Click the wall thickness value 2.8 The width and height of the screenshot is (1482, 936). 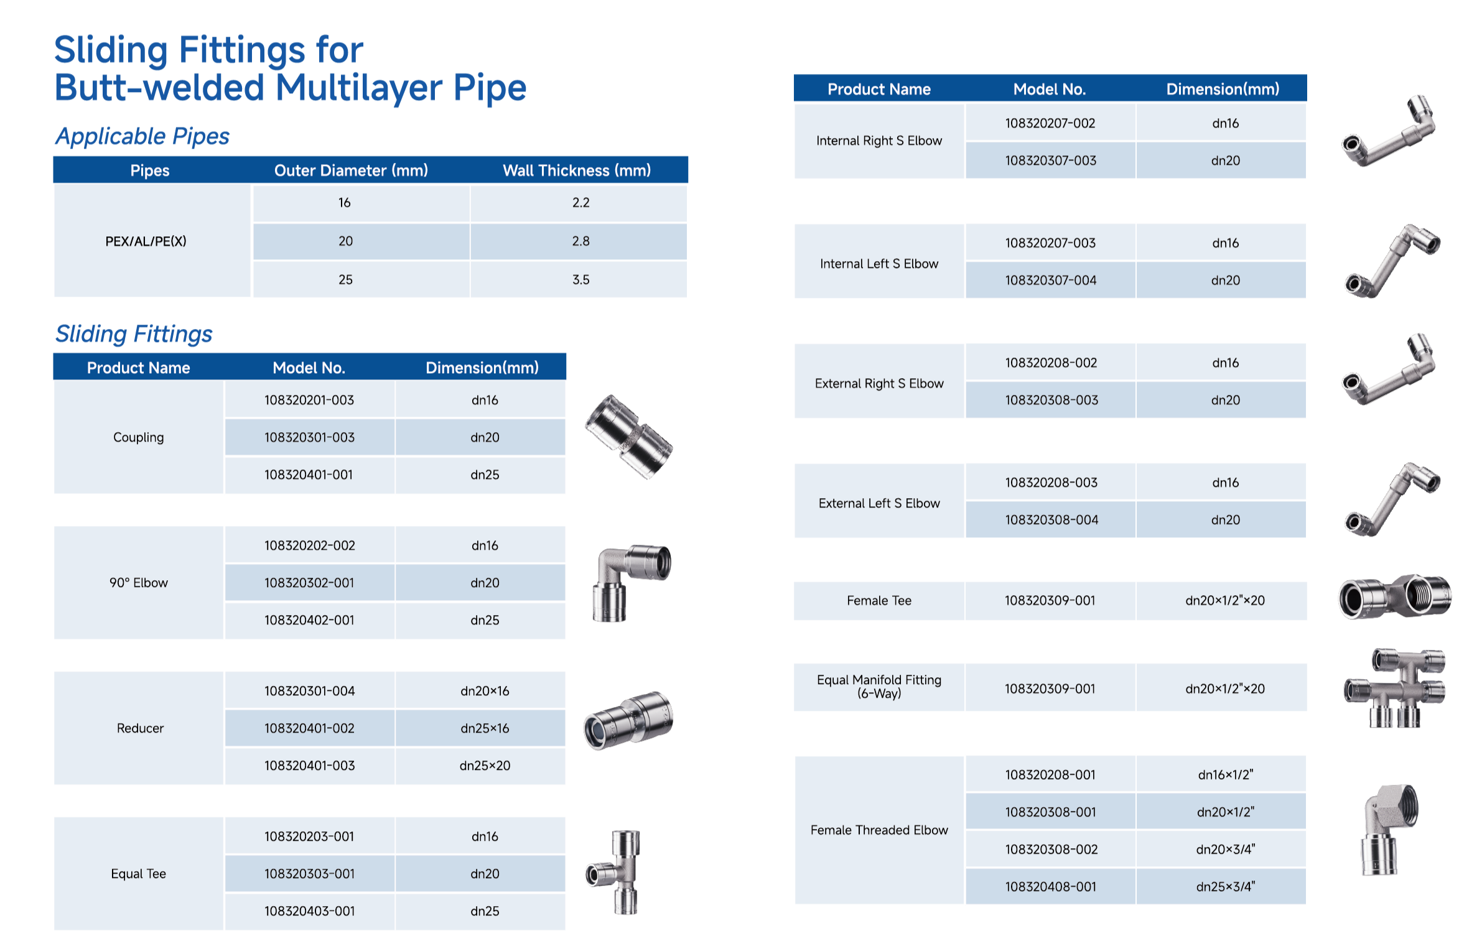pos(580,241)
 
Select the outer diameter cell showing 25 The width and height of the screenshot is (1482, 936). pos(345,280)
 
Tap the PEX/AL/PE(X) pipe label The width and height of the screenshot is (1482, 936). pos(146,241)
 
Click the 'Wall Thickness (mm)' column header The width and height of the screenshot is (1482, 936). pos(576,170)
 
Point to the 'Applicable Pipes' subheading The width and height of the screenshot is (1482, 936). pos(142,136)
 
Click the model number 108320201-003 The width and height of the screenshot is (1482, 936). pos(309,400)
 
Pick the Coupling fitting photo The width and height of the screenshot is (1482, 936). pos(628,437)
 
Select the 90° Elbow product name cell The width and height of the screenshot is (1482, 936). pos(139,583)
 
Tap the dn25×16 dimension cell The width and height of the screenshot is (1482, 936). pos(484,728)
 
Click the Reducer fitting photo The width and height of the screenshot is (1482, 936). pos(628,720)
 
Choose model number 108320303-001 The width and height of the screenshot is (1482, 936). pos(309,874)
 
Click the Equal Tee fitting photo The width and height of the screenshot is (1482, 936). pos(616,872)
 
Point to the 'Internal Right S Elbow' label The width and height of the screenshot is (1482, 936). pos(878,141)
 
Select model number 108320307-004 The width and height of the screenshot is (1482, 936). pos(1050,280)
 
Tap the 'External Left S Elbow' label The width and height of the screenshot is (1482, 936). pos(878,503)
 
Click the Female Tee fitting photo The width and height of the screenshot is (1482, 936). pos(1394,596)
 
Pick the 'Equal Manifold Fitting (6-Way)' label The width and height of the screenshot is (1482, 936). pos(878,687)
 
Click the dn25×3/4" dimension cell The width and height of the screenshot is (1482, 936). pos(1225,887)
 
